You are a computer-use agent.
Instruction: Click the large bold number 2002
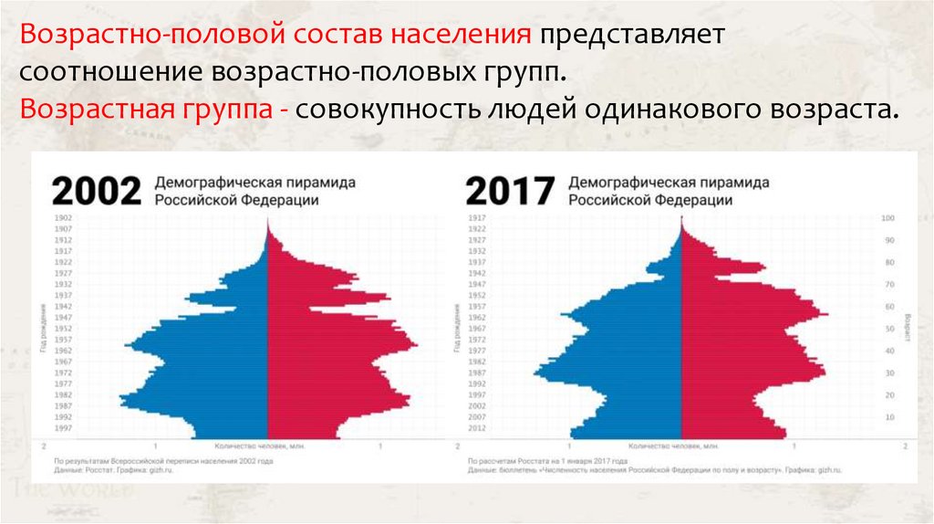coord(96,191)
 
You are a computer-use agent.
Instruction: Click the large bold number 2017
coord(510,191)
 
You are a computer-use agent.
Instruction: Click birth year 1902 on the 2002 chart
coord(63,218)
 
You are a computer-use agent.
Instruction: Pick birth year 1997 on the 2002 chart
coord(63,427)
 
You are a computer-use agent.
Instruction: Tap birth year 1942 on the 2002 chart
coord(63,306)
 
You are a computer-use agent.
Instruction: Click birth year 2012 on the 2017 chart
coord(476,427)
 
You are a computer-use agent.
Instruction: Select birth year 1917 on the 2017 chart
coord(476,218)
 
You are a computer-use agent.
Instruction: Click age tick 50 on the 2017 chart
coord(888,329)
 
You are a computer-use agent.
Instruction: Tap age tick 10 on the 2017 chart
coord(888,416)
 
